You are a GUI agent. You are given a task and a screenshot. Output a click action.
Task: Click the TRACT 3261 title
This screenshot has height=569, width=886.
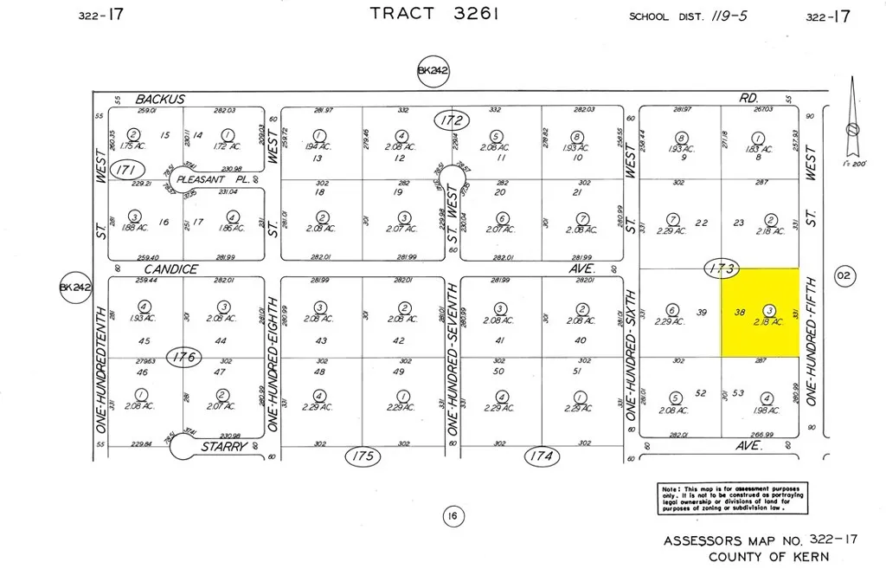pos(422,13)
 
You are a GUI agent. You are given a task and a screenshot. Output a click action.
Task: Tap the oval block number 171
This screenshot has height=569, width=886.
pos(127,170)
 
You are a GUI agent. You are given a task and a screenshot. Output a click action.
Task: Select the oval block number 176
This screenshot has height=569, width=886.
pos(185,356)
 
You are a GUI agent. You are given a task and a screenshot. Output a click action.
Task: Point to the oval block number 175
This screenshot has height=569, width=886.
pos(363,456)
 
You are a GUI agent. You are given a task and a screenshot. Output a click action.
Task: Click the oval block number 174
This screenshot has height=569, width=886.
pos(541,456)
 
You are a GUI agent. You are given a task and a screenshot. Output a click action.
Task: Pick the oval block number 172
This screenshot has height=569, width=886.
pos(452,121)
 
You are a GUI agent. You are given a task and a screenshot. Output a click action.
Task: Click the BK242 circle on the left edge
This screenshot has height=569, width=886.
pos(74,289)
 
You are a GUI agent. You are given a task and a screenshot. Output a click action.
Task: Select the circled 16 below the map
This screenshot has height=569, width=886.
pos(452,517)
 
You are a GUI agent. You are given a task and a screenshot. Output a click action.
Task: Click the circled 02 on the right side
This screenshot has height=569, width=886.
pos(844,276)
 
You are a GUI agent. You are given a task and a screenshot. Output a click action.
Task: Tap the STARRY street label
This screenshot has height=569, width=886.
pos(225,447)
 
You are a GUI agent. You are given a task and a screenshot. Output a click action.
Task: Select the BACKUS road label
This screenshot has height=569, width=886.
pos(160,100)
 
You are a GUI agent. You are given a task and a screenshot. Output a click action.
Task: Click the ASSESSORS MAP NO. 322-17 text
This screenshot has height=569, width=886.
pos(761,540)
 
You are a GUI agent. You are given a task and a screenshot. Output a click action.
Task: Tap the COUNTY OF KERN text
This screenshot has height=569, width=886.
pos(768,557)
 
